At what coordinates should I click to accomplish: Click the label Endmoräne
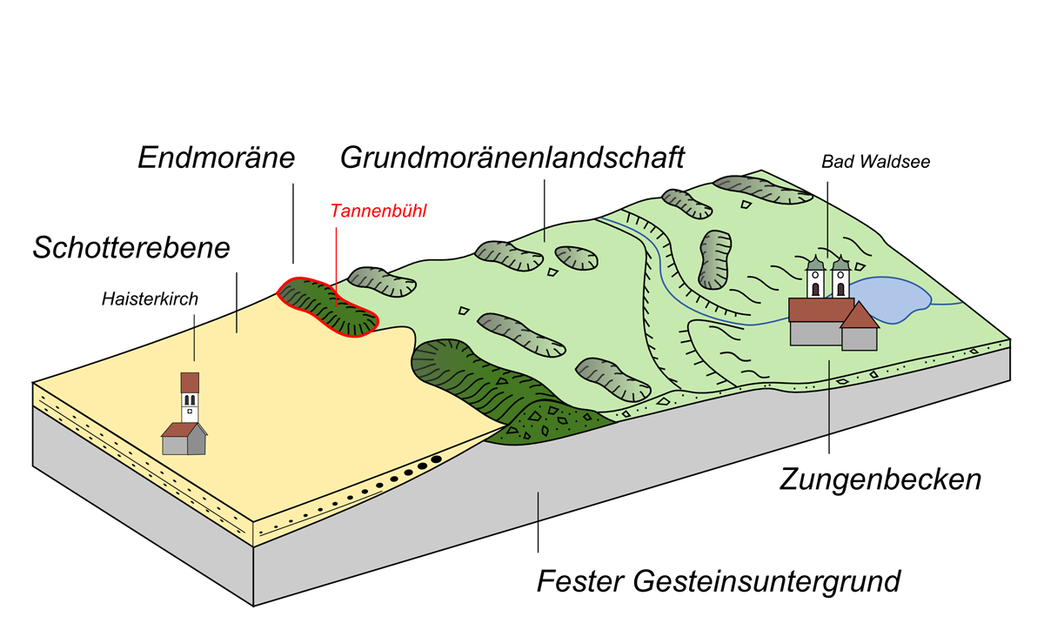coord(217,158)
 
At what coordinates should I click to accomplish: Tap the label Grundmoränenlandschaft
coord(512,157)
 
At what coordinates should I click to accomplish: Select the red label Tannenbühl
coord(378,211)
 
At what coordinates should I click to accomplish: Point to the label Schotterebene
coord(131,247)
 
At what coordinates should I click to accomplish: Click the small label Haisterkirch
coord(149,299)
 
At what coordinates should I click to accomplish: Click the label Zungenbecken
coord(880,479)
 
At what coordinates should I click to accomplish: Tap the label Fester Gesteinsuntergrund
coord(719,580)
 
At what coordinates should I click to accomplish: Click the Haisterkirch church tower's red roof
coord(190,383)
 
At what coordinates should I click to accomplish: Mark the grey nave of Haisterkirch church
coord(179,444)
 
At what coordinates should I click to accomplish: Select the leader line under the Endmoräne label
coord(293,222)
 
